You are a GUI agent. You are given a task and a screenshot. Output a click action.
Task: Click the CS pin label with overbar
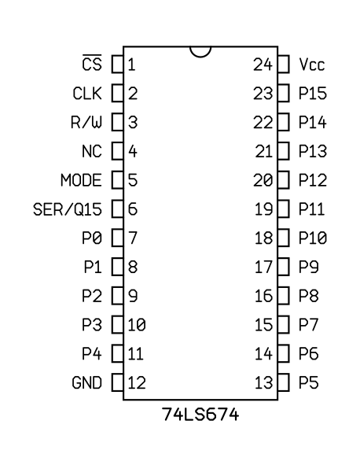(92, 62)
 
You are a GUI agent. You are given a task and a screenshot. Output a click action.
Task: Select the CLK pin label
(87, 93)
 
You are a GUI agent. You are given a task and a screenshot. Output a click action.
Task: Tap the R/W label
(86, 122)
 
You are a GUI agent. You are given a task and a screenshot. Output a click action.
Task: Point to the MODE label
(81, 180)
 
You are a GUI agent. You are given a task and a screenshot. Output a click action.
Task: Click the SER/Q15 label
(68, 209)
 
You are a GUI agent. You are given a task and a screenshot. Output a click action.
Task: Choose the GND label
(86, 382)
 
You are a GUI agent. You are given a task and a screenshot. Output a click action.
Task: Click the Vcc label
(312, 65)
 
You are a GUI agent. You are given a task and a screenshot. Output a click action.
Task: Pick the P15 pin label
(313, 93)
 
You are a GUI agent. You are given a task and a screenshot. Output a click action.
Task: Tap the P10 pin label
(313, 238)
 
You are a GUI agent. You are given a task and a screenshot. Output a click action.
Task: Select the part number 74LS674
(200, 414)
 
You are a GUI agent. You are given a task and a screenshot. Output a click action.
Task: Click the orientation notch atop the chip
(200, 52)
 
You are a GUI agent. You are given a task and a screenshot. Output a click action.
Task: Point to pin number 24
(263, 65)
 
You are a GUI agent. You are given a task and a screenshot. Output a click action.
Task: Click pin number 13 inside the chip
(263, 382)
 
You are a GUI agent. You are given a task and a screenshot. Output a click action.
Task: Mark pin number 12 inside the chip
(137, 382)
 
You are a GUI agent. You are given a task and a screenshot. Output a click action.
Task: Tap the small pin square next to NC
(117, 151)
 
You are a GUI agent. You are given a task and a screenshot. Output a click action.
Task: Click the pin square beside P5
(284, 382)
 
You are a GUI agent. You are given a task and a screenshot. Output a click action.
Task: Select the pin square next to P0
(117, 238)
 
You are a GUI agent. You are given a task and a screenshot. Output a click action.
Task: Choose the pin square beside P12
(284, 180)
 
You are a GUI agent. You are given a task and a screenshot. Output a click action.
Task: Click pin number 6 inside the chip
(133, 209)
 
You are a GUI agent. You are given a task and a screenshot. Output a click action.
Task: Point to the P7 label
(309, 325)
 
